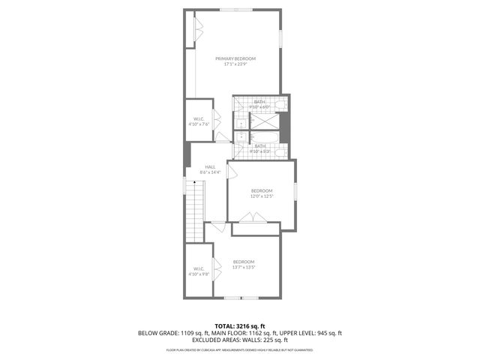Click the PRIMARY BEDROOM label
pos(235,58)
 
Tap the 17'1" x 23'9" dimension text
pos(235,64)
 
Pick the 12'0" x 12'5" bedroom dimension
pos(262,196)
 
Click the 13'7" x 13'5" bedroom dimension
pos(244,267)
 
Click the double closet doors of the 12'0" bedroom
pos(253,217)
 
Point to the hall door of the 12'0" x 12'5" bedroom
pos(232,172)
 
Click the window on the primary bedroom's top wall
pos(230,10)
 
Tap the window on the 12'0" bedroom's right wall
pos(295,191)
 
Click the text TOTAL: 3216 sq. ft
pos(240,326)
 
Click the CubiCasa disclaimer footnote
pos(240,349)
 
